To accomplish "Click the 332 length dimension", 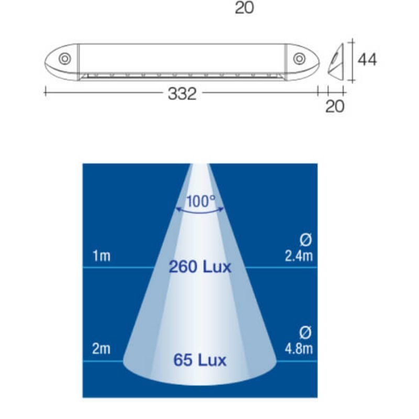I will (182, 94).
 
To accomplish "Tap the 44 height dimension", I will (367, 60).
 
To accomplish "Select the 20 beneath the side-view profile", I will (335, 106).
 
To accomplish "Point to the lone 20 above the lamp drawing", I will (244, 8).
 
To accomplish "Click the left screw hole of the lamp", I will (65, 58).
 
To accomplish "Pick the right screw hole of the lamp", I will (299, 58).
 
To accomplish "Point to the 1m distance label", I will (101, 257).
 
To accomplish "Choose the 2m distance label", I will (101, 349).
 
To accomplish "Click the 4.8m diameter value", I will (299, 349).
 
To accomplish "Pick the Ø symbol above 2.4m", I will (306, 241).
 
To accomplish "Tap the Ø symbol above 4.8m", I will (306, 333).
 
